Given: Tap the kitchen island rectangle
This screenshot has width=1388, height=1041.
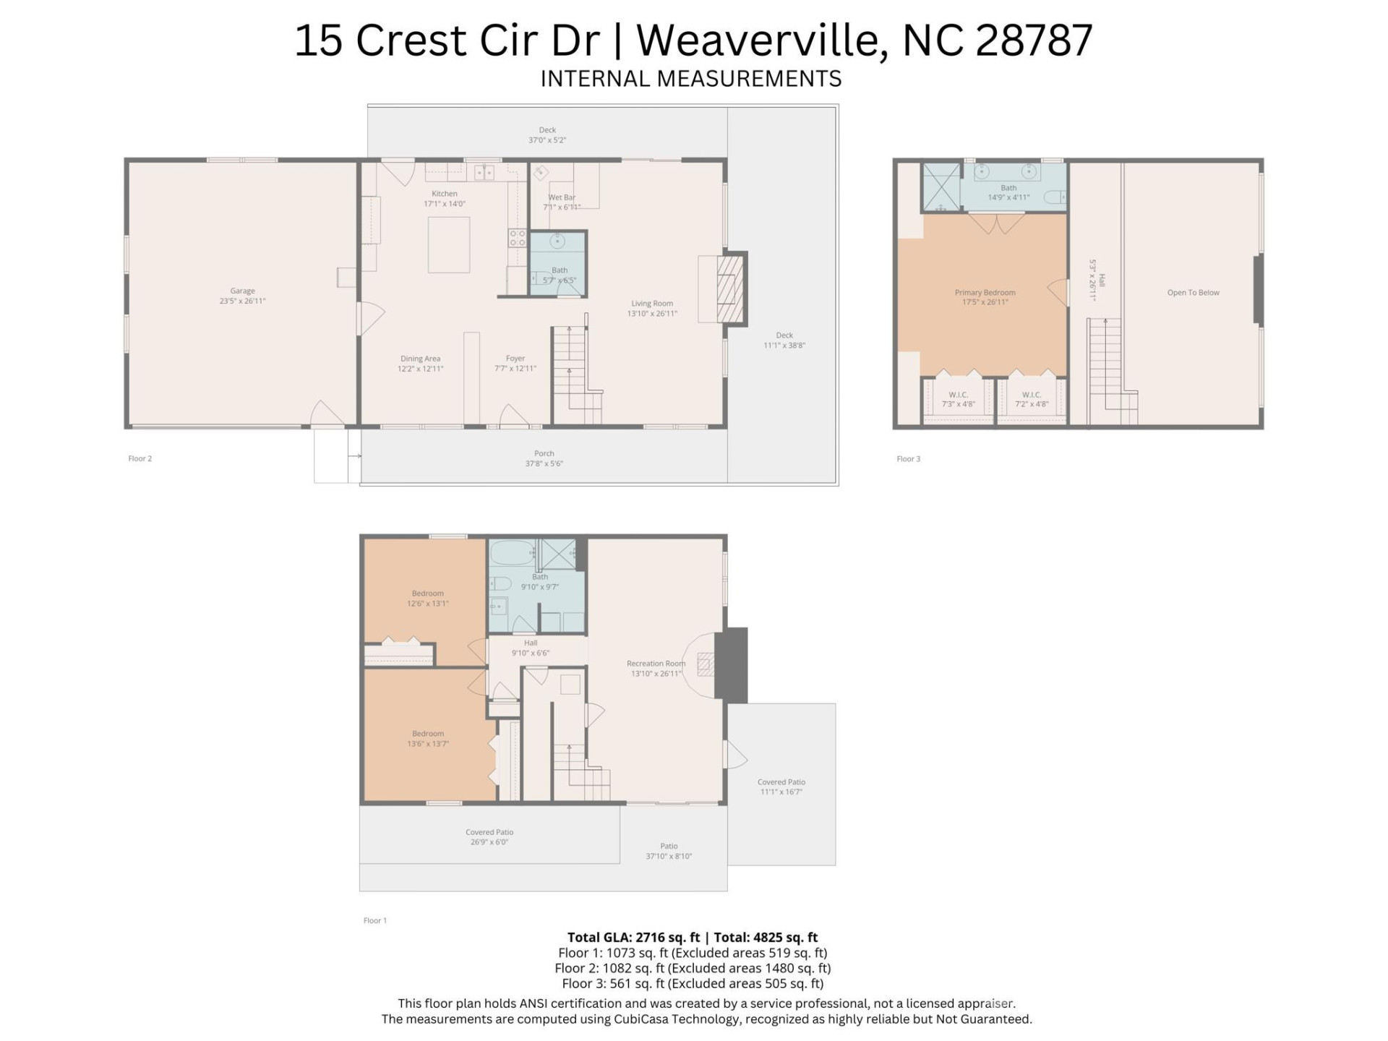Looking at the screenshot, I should (448, 244).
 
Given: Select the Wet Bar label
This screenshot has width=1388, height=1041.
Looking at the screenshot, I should (562, 197).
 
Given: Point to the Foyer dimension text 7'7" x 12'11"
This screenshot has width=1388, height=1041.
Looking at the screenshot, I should (515, 369).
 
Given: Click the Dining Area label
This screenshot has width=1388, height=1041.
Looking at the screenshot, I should (420, 359).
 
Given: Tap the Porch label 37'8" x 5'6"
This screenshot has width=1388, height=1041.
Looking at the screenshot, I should (544, 458).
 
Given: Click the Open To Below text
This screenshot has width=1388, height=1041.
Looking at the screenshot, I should (1193, 293).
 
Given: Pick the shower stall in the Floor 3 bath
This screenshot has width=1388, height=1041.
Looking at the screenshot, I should (941, 187).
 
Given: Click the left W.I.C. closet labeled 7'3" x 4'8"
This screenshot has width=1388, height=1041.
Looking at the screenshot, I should (958, 399).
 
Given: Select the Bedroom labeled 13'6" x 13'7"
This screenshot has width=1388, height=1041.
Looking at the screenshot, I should (428, 738).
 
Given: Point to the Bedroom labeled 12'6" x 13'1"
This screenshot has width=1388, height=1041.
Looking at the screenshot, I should (428, 598).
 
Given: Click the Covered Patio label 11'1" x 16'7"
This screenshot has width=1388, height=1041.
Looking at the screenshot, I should (781, 787).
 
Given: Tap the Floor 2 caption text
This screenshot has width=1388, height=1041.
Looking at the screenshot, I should (140, 458).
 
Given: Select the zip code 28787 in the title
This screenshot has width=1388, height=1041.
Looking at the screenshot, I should (1034, 40).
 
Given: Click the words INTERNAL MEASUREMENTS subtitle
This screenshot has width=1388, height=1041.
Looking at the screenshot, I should (691, 79).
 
